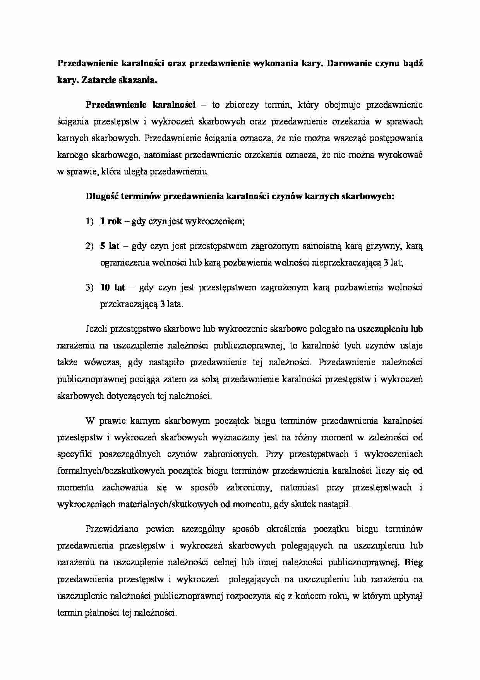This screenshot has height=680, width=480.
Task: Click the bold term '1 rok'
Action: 111,221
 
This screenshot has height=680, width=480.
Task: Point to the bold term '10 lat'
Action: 113,288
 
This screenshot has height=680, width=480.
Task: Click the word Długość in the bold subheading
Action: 101,197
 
